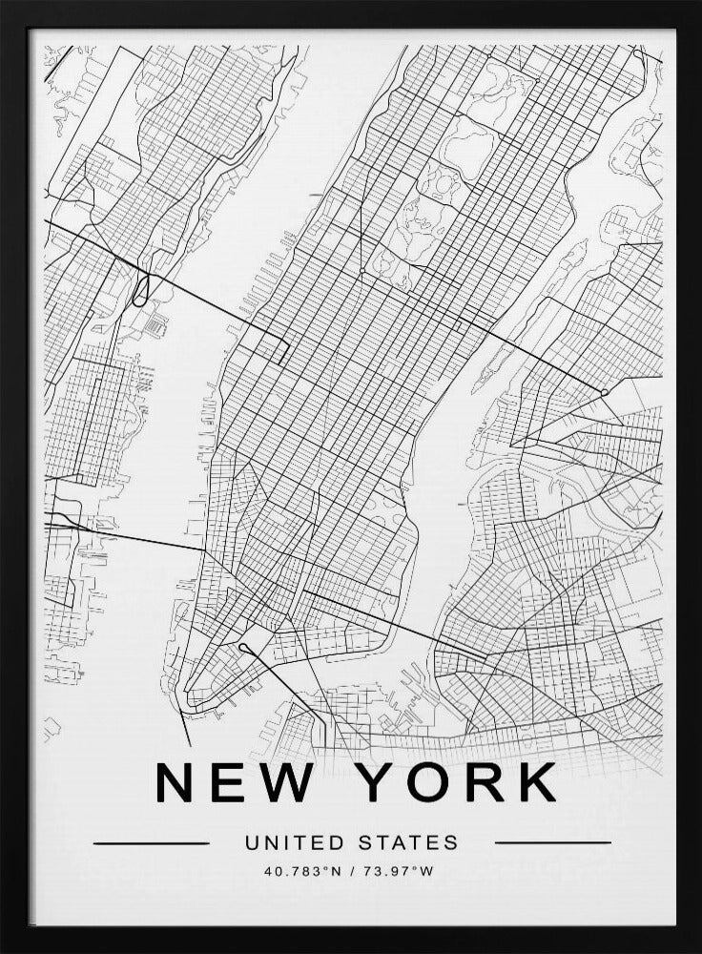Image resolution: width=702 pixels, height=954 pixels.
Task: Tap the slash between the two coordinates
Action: (x=351, y=870)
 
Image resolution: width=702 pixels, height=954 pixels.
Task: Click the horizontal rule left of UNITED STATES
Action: (x=152, y=843)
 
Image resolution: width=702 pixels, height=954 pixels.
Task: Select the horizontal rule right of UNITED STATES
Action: (x=553, y=843)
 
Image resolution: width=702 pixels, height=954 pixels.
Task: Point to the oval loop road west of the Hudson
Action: (x=141, y=288)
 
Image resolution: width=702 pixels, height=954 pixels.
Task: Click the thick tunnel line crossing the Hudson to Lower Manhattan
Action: (x=143, y=539)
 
